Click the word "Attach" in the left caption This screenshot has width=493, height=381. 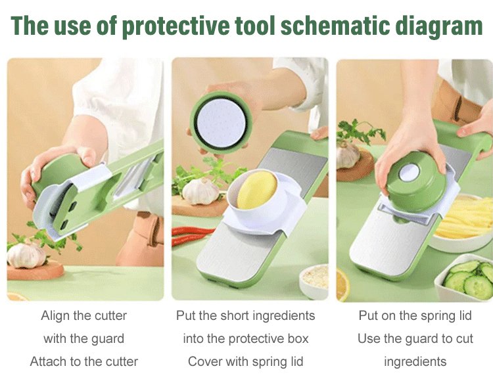point(48,361)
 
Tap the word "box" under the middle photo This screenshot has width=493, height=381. point(298,338)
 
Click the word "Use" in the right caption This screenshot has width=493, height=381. point(369,338)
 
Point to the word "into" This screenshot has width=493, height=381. point(193,338)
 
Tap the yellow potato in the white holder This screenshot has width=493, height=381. point(256,190)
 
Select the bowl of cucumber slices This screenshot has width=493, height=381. point(465,277)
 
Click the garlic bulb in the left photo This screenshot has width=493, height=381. point(26,254)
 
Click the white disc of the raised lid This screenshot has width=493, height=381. point(221,122)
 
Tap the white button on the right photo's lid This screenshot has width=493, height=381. point(408,173)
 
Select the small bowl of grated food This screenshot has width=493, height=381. point(314,282)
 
